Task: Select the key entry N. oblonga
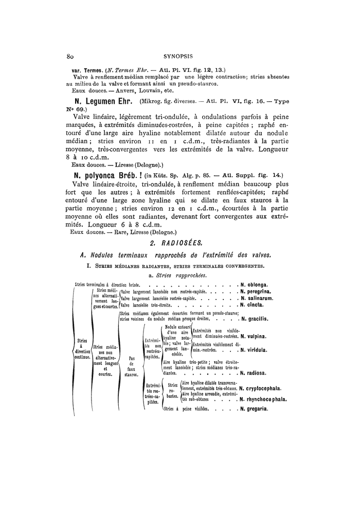[256, 284]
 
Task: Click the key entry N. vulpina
[256, 337]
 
